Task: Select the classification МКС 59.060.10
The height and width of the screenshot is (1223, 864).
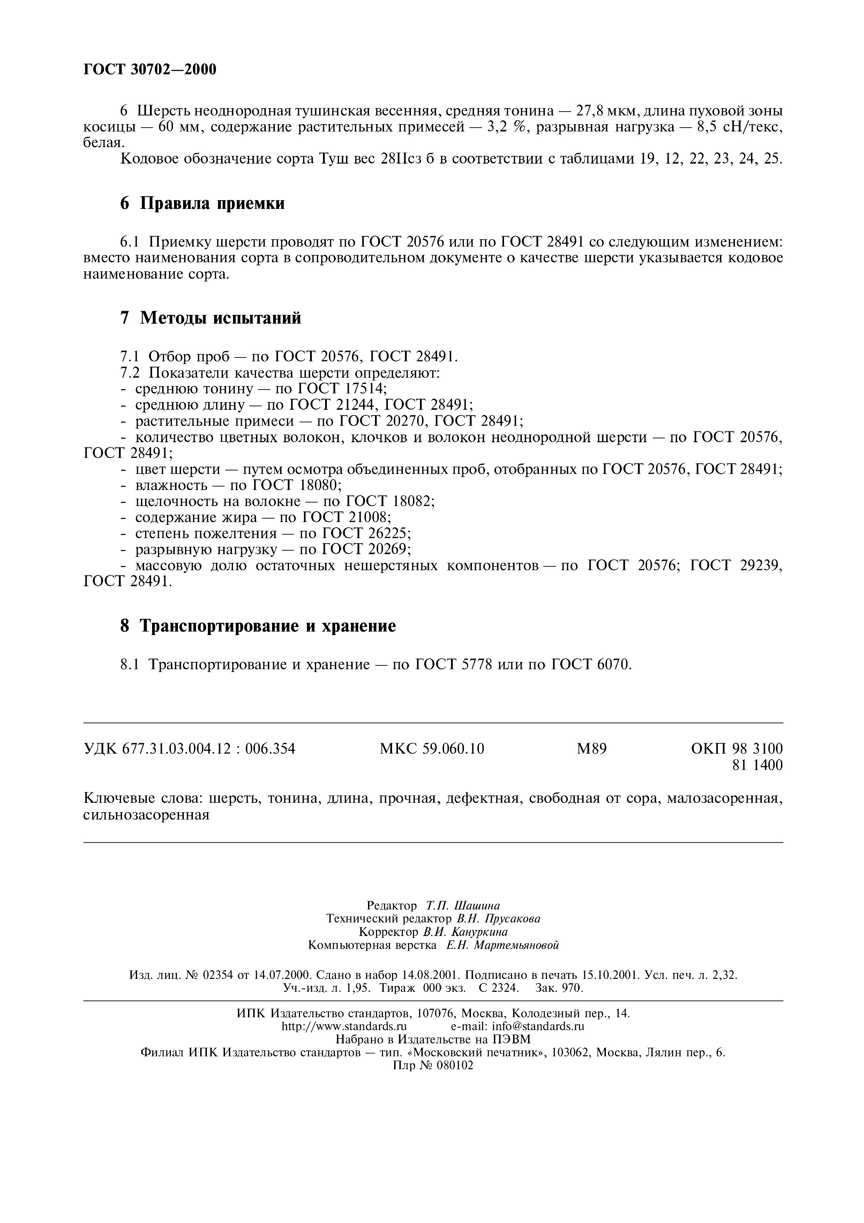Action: [431, 749]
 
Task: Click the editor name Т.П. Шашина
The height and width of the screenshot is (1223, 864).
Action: [463, 906]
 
